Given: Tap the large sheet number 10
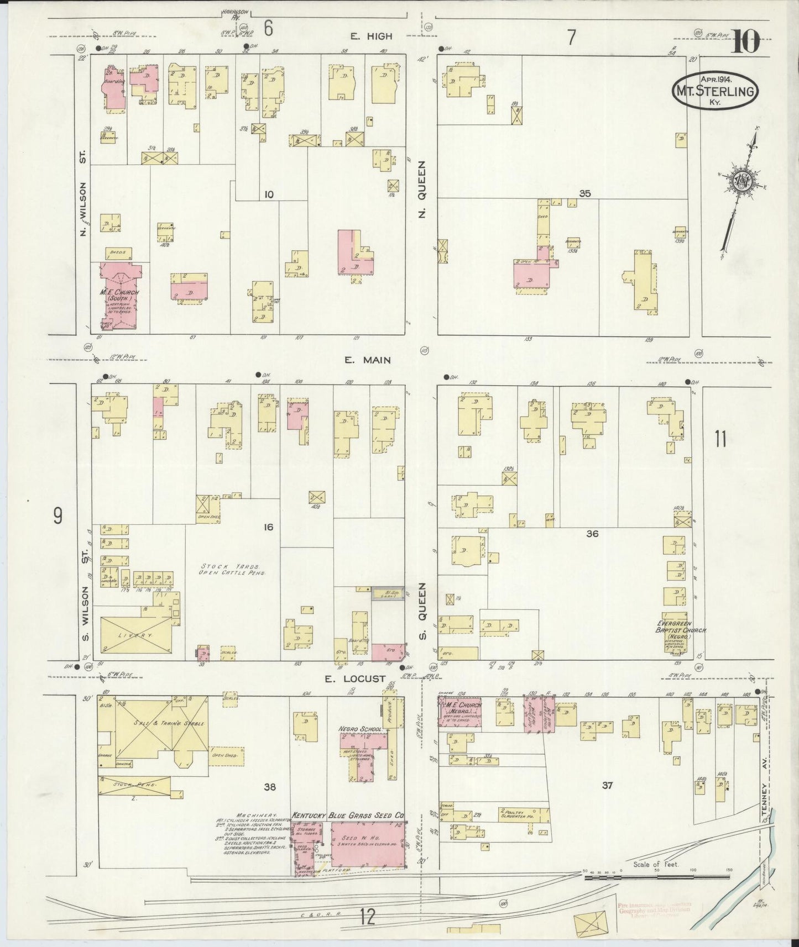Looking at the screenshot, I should [x=746, y=42].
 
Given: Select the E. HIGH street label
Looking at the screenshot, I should [x=371, y=36].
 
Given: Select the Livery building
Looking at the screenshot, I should [x=135, y=636].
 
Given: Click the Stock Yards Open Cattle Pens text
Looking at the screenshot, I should [x=233, y=570].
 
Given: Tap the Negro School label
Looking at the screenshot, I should [x=361, y=729].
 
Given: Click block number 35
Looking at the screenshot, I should [x=585, y=194].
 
